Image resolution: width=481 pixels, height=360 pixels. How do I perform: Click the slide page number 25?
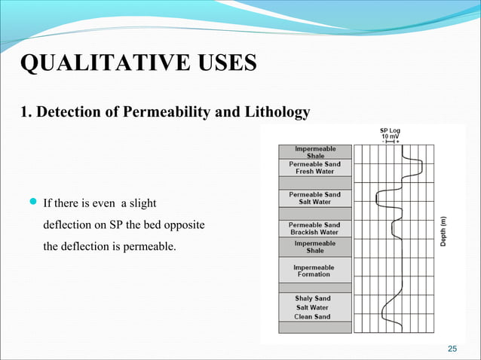(452, 348)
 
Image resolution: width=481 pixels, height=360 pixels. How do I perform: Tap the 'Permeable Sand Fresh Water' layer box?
(315, 167)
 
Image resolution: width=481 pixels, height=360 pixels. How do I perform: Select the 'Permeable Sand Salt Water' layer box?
(315, 197)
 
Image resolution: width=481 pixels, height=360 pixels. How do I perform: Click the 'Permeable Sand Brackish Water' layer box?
(315, 228)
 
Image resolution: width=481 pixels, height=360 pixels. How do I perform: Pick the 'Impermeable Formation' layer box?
(315, 270)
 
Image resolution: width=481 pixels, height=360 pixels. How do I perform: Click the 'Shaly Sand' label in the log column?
(313, 298)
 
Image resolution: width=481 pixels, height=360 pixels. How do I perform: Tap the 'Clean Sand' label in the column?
(313, 316)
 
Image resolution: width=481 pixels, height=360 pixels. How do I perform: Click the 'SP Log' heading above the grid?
(390, 130)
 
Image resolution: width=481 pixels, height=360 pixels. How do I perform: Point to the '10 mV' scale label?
(390, 136)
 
